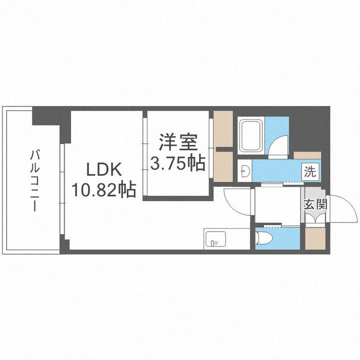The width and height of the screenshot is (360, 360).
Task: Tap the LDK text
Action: (x=104, y=170)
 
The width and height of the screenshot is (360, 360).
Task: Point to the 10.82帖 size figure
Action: (x=104, y=189)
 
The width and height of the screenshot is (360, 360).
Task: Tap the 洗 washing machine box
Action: (x=310, y=172)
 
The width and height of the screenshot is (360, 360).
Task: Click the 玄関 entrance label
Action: (x=315, y=204)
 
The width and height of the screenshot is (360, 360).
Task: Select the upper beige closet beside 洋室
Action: (x=223, y=129)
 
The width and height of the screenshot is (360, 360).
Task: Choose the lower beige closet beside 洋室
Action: (x=223, y=166)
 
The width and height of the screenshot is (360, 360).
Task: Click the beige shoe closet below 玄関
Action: (x=315, y=238)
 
